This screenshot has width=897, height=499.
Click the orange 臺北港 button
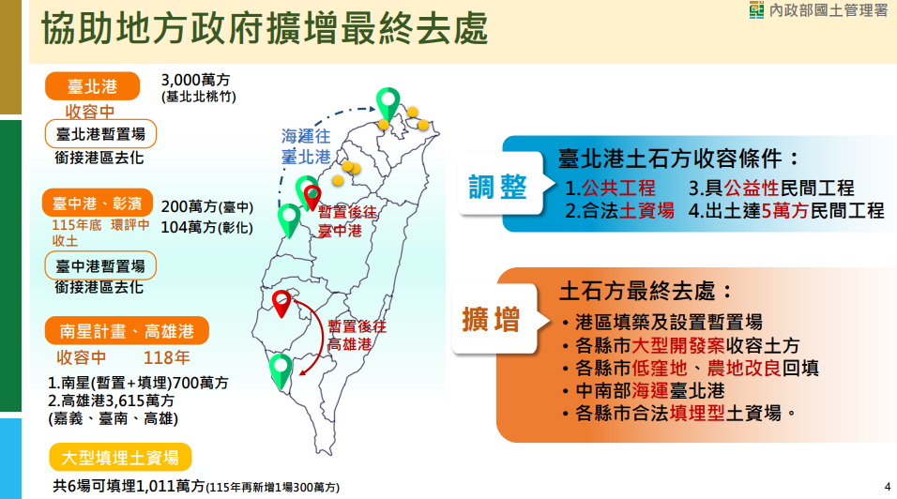(x=92, y=86)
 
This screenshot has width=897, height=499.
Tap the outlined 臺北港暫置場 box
(x=100, y=134)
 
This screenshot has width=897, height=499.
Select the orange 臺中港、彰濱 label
(x=98, y=203)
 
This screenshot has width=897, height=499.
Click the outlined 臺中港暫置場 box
(x=100, y=265)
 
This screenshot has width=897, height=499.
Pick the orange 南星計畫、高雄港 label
(x=127, y=331)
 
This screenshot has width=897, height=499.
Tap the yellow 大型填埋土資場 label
(x=120, y=458)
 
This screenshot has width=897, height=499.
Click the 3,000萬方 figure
(x=196, y=80)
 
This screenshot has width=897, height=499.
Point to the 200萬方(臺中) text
(x=207, y=206)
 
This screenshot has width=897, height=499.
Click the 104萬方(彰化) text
(x=207, y=228)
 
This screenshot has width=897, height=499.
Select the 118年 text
(x=166, y=357)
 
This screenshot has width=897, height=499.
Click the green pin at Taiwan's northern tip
(x=388, y=103)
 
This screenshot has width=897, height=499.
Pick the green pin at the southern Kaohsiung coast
(x=281, y=370)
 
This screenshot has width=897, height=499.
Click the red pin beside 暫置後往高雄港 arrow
(x=281, y=304)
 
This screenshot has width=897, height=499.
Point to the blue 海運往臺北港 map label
(x=306, y=146)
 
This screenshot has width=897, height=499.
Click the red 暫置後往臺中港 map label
(x=347, y=221)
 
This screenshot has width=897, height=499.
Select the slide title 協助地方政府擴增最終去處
(x=265, y=27)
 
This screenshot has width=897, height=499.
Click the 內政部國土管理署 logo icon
(x=756, y=9)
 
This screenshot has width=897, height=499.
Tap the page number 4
(x=888, y=487)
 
